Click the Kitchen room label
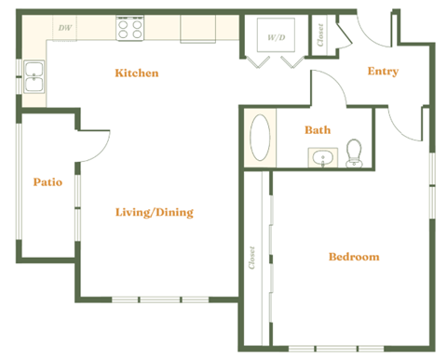click(x=136, y=73)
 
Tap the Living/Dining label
click(x=154, y=212)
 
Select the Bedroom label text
click(x=354, y=257)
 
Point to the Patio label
click(x=47, y=182)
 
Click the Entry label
click(x=383, y=72)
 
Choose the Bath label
click(x=318, y=130)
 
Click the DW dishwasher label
click(x=64, y=29)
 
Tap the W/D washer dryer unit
click(x=276, y=37)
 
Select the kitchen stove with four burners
click(x=129, y=29)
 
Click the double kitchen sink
click(x=34, y=77)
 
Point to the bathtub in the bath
click(x=262, y=139)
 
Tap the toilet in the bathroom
click(x=354, y=153)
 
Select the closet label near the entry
click(x=320, y=35)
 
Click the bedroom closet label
click(x=252, y=258)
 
